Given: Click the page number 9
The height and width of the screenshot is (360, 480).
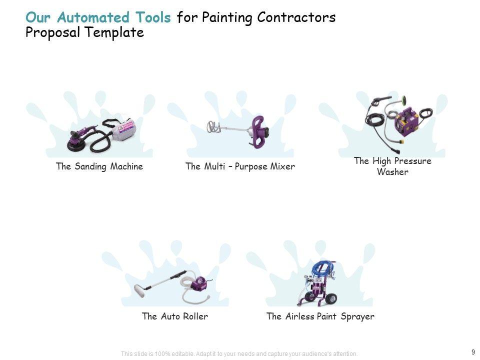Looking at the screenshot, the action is pyautogui.click(x=472, y=351).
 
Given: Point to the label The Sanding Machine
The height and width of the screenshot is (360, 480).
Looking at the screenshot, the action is pyautogui.click(x=99, y=166).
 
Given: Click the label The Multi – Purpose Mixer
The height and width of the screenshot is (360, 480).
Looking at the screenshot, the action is pyautogui.click(x=240, y=166).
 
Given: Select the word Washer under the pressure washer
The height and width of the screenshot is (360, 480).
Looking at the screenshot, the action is pyautogui.click(x=392, y=172).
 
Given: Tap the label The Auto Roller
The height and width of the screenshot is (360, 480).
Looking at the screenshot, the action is pyautogui.click(x=174, y=316).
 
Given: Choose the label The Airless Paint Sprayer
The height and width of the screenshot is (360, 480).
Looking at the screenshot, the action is pyautogui.click(x=320, y=316).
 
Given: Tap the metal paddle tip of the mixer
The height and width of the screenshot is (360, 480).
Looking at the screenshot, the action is pyautogui.click(x=212, y=127).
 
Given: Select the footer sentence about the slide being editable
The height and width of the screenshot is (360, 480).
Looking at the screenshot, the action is pyautogui.click(x=239, y=354).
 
